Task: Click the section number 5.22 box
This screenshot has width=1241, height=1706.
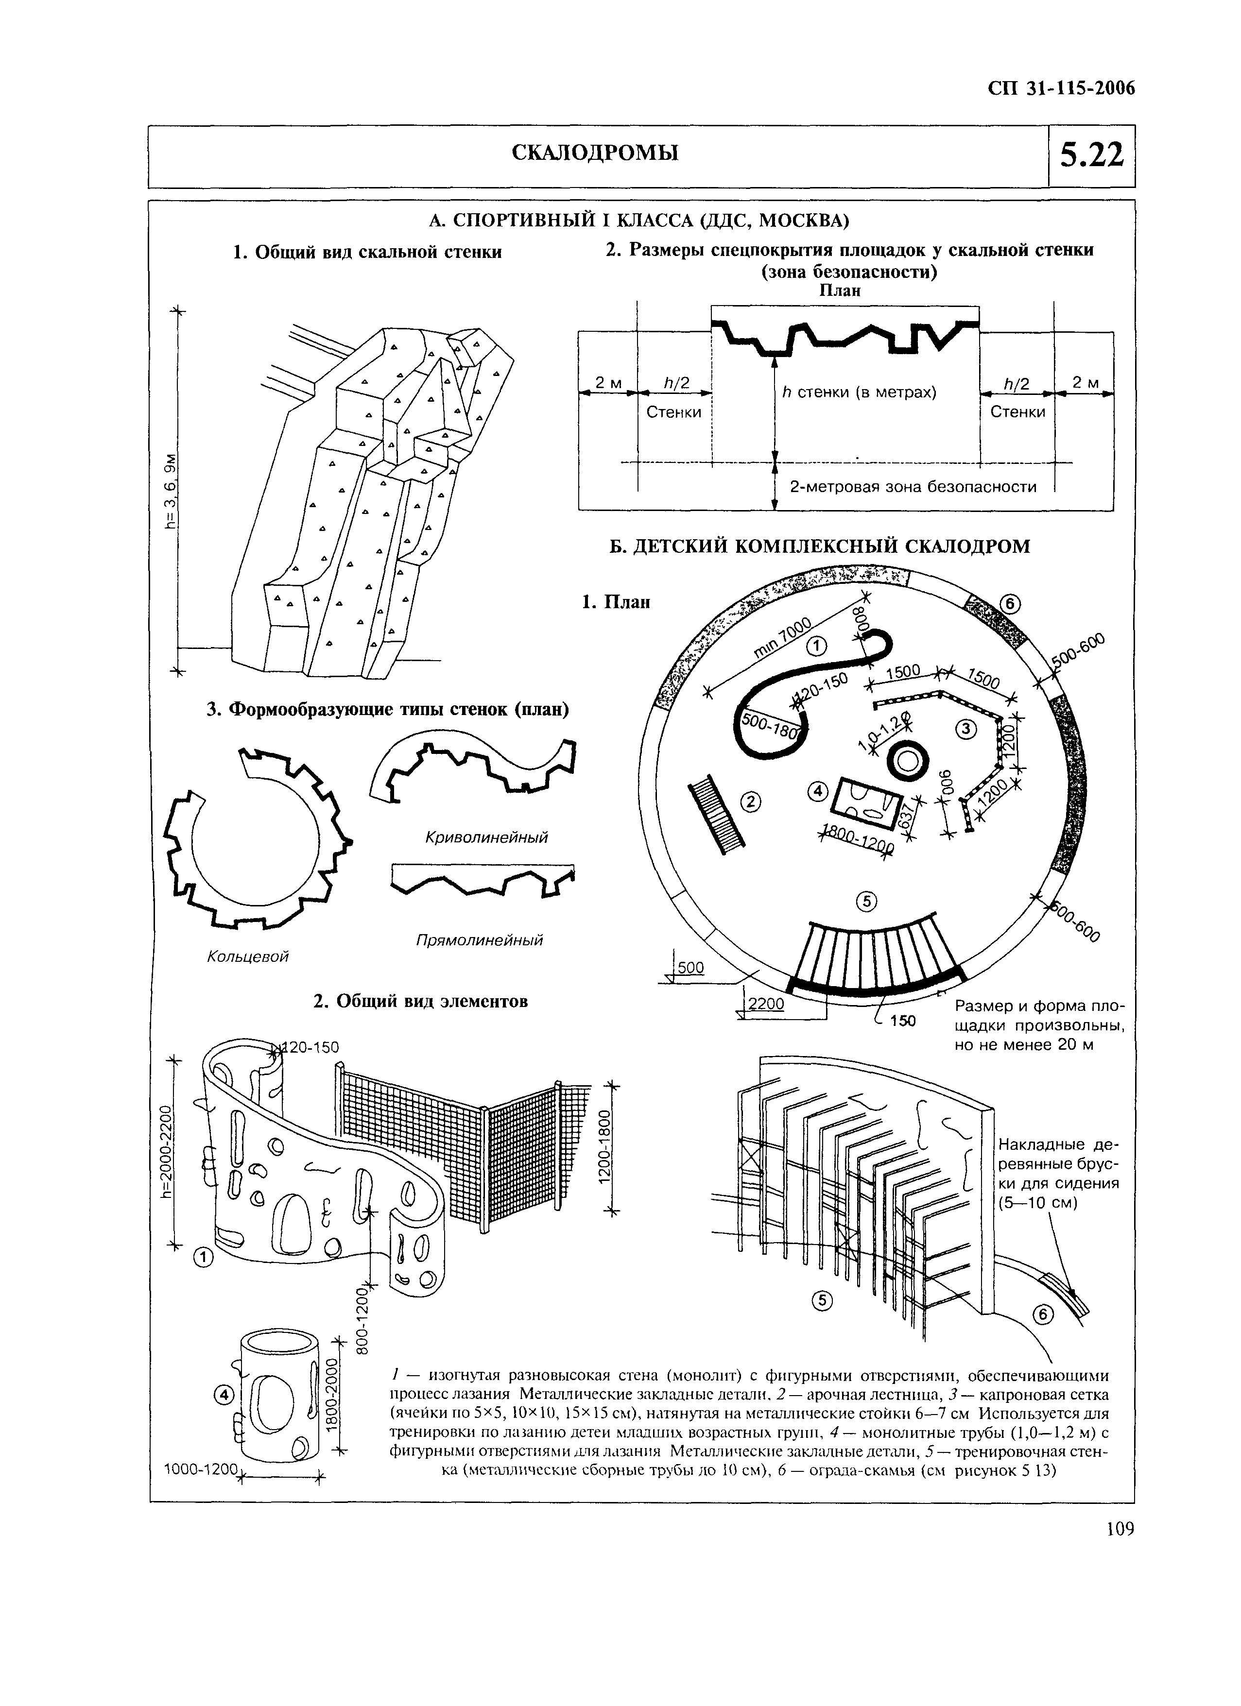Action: coord(1091,156)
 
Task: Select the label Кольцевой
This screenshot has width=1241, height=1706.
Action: coord(248,956)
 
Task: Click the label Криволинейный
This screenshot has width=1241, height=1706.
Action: coord(486,837)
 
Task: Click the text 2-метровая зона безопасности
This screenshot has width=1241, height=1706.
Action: coord(912,487)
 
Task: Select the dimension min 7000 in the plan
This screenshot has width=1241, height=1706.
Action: coord(783,638)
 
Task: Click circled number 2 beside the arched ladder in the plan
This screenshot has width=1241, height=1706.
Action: coord(750,803)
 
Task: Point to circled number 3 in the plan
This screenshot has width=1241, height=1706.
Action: coord(965,728)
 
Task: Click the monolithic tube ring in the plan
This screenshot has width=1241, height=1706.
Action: coord(907,763)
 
